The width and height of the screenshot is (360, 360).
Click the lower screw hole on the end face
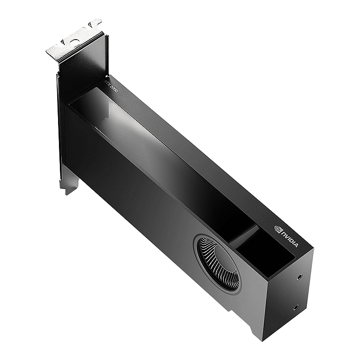tap(296, 308)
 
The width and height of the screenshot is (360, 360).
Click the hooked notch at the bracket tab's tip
tap(95, 22)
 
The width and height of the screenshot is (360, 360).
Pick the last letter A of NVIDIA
tap(297, 245)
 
